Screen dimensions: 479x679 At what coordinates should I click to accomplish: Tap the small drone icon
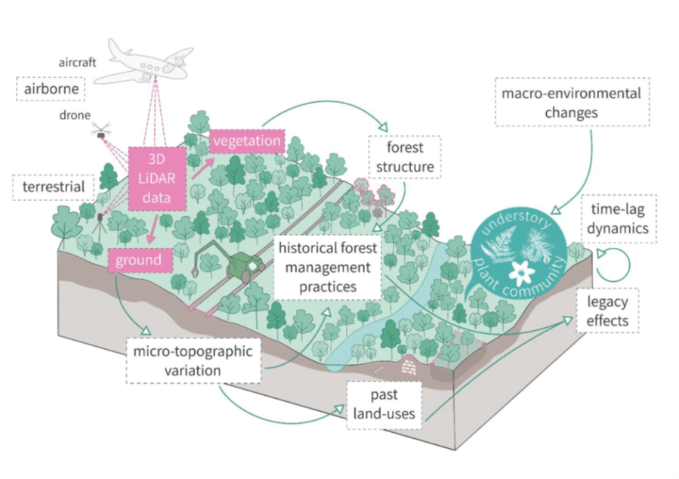click(x=100, y=134)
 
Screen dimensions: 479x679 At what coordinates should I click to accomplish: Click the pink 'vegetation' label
click(x=246, y=141)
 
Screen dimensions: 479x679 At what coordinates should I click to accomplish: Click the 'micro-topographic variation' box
click(x=194, y=360)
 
